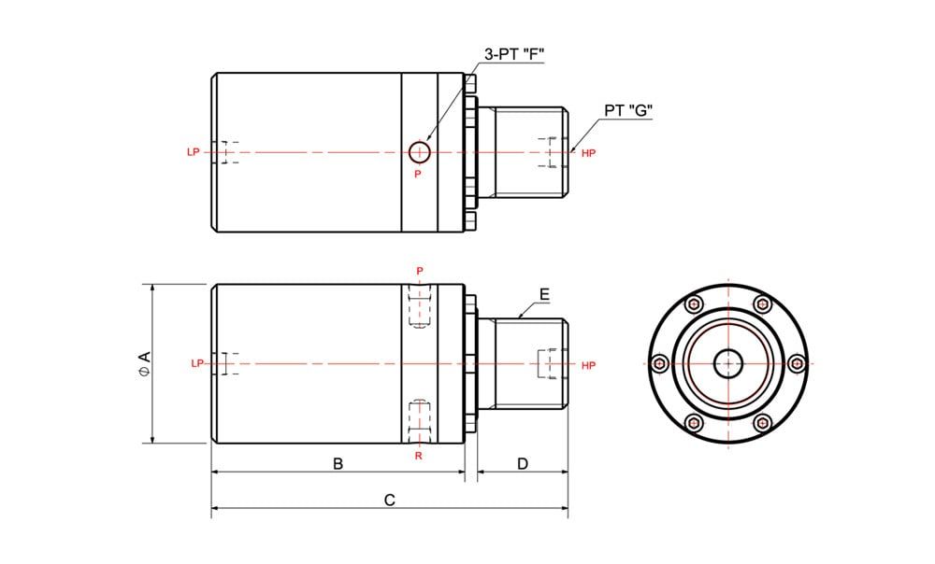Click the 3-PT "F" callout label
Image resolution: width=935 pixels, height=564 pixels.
(514, 55)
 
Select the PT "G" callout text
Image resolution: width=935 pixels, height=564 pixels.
(628, 110)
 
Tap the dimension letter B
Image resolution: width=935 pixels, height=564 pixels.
(338, 463)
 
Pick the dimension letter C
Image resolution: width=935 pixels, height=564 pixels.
(389, 501)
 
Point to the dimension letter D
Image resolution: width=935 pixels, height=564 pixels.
(523, 463)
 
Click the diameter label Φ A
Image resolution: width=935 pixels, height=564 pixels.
(144, 364)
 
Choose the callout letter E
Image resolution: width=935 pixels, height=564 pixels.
(544, 294)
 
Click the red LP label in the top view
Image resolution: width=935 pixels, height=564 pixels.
(194, 152)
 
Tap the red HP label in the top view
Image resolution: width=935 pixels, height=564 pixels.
(588, 154)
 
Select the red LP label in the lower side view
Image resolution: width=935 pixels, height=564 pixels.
(197, 363)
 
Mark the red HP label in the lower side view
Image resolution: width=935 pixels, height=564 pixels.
(588, 366)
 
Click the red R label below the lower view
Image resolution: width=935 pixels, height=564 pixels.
(419, 457)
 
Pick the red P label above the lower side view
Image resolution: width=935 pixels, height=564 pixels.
(420, 271)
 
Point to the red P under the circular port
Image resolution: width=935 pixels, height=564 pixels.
(418, 174)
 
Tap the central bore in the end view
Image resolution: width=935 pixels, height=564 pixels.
(728, 363)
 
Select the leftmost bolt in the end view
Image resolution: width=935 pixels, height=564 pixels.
(660, 363)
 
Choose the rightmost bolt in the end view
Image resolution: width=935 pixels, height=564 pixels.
(797, 363)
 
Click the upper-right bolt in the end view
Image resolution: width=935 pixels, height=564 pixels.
(762, 304)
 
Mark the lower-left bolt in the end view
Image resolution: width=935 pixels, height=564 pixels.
(694, 423)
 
